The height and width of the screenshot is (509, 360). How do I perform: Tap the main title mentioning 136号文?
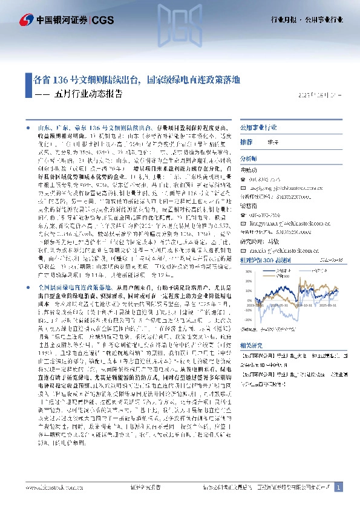pos(136,80)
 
